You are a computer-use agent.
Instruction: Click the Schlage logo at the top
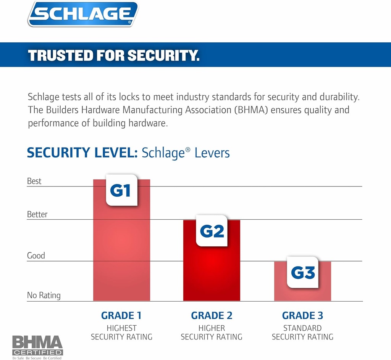point(82,14)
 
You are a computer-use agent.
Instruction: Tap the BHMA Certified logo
point(37,347)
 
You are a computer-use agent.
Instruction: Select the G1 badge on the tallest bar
point(121,190)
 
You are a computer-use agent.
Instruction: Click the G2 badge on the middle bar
point(212,231)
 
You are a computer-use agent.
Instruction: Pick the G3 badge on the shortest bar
point(303,272)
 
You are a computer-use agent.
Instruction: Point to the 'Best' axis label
point(34,181)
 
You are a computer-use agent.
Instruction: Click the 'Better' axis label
point(37,214)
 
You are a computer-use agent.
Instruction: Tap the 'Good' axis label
point(36,256)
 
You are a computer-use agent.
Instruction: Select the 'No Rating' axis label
point(44,295)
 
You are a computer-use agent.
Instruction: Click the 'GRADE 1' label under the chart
point(121,316)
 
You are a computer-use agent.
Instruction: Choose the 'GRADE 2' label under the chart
point(212,316)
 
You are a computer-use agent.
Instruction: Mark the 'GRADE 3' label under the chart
point(302,316)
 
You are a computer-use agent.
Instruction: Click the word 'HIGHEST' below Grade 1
point(121,328)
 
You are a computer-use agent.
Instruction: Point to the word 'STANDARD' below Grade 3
point(302,328)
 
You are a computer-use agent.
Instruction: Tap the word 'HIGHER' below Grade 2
point(212,328)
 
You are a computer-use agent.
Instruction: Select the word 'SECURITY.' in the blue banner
point(163,56)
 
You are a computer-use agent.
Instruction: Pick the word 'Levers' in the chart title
point(212,153)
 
